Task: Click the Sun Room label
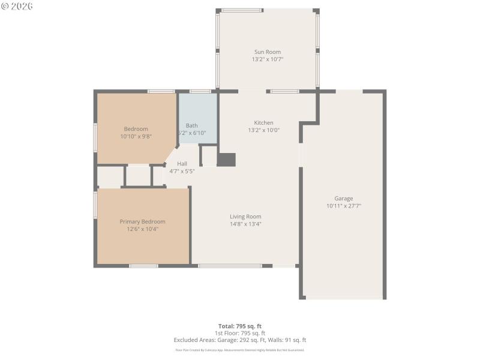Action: tap(267, 52)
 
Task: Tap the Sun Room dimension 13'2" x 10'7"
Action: tap(267, 59)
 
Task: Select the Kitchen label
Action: tap(263, 123)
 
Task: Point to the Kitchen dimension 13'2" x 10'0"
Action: tap(263, 130)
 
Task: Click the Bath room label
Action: tap(191, 125)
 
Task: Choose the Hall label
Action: tap(182, 164)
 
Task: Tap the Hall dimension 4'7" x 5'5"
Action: tap(182, 171)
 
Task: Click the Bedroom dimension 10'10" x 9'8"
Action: tap(136, 136)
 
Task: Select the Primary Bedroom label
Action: tap(142, 221)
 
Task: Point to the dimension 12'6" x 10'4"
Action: tap(142, 229)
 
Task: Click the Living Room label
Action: tap(245, 217)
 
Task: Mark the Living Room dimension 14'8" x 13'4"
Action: tap(245, 224)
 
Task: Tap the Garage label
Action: tap(344, 199)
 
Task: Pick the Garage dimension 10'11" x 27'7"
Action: tap(344, 206)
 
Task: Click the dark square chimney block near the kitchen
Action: tap(226, 160)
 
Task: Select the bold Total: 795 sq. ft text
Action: tap(240, 326)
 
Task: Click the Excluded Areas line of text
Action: tap(240, 340)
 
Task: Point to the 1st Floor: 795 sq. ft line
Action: tap(240, 333)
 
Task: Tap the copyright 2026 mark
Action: tap(17, 6)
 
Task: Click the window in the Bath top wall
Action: tap(200, 91)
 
